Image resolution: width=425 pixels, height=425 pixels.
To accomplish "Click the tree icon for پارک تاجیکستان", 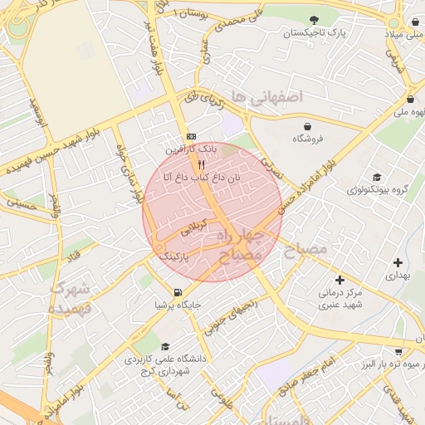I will [x=313, y=20].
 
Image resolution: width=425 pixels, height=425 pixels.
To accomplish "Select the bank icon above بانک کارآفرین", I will [x=192, y=137].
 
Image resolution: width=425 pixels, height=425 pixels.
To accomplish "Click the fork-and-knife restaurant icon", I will [x=200, y=164].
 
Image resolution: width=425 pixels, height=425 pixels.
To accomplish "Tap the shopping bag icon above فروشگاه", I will [x=308, y=126].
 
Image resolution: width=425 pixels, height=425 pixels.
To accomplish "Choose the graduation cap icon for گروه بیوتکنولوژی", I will [x=377, y=177].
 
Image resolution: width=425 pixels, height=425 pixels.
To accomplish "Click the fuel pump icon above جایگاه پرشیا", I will [x=178, y=291].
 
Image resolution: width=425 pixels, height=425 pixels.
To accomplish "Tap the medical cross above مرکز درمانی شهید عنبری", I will [x=339, y=280].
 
